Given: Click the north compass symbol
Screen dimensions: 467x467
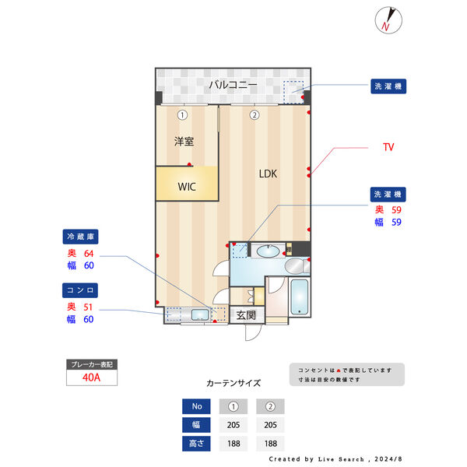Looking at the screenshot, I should click(x=388, y=19).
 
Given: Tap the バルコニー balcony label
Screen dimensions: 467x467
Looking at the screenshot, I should click(x=232, y=85).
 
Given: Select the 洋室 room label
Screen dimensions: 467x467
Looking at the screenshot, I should click(x=184, y=142).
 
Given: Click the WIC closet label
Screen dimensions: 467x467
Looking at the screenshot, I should click(x=187, y=187).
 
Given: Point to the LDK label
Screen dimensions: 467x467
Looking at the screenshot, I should click(x=269, y=174).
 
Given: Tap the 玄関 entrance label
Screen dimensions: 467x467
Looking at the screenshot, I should click(x=246, y=315).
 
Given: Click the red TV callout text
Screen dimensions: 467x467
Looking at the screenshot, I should click(x=388, y=147).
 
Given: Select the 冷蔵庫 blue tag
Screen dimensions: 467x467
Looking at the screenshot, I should click(x=81, y=237).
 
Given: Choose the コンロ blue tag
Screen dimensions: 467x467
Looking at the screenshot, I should click(x=81, y=290).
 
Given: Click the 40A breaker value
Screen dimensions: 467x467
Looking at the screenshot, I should click(x=91, y=377).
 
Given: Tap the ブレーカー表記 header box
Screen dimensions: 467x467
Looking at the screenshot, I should click(x=91, y=364).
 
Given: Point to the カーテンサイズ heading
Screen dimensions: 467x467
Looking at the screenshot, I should click(x=233, y=383).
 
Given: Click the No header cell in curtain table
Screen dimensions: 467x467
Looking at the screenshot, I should click(x=196, y=406).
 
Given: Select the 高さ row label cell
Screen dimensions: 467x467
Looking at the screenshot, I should click(x=196, y=443).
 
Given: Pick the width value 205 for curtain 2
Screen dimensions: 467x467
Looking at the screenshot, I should click(x=270, y=425).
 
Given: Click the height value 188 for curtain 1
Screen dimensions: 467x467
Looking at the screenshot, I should click(x=233, y=443).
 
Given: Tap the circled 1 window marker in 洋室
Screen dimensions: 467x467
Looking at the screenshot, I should click(x=181, y=115).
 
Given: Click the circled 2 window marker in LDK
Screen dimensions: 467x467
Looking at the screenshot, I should click(x=254, y=115).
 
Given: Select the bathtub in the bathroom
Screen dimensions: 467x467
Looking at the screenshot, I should click(x=300, y=297).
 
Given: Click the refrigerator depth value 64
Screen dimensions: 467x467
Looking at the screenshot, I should click(x=89, y=253).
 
